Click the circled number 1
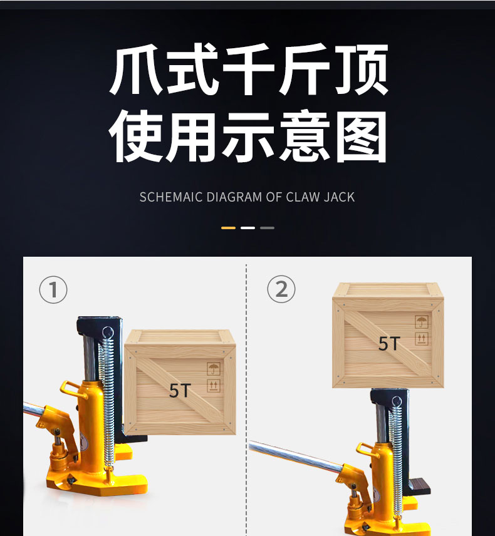point(53,289)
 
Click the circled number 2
point(281,289)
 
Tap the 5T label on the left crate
point(180,390)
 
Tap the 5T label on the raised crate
point(389,344)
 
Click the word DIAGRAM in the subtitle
point(234,197)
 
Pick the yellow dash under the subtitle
point(228,228)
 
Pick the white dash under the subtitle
point(247,228)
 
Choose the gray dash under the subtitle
point(267,228)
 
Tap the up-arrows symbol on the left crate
point(214,386)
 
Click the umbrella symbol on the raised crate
point(422,322)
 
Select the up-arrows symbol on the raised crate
point(422,339)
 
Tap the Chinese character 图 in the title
point(362,136)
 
